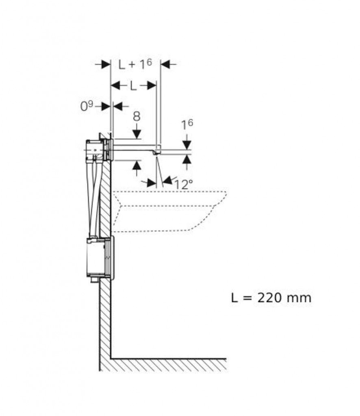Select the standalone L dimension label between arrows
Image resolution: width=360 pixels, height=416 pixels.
tap(133, 86)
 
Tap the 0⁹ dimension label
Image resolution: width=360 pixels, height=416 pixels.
tap(87, 106)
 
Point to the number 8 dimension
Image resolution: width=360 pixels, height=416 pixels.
tap(137, 116)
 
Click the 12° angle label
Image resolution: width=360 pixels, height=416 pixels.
tap(183, 184)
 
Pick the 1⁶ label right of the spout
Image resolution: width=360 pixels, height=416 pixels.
tap(187, 124)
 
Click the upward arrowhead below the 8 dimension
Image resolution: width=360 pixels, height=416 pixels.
tap(137, 165)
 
